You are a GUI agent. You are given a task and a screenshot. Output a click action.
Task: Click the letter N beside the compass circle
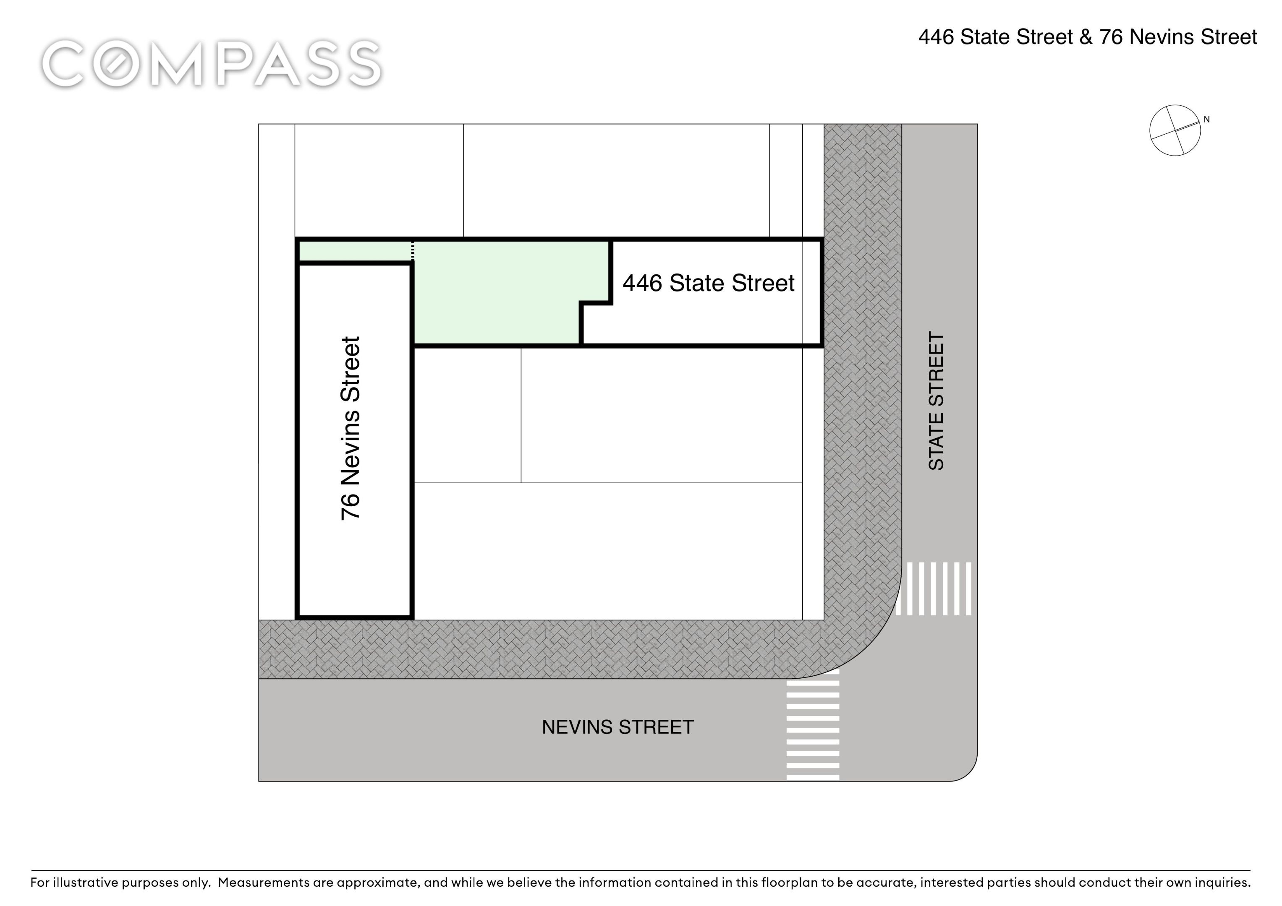pyautogui.click(x=1206, y=120)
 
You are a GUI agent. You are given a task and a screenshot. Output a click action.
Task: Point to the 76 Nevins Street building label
pyautogui.click(x=351, y=428)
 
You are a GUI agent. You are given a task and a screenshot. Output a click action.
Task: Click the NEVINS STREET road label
pyautogui.click(x=617, y=727)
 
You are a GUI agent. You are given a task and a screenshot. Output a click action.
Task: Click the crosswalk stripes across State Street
pyautogui.click(x=933, y=588)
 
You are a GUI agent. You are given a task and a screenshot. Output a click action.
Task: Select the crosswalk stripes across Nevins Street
pyautogui.click(x=812, y=725)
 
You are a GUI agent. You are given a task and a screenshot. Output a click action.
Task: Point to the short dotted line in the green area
pyautogui.click(x=413, y=251)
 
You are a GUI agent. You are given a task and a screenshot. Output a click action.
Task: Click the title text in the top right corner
pyautogui.click(x=1087, y=37)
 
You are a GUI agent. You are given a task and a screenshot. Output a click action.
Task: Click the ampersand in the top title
pyautogui.click(x=1086, y=37)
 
